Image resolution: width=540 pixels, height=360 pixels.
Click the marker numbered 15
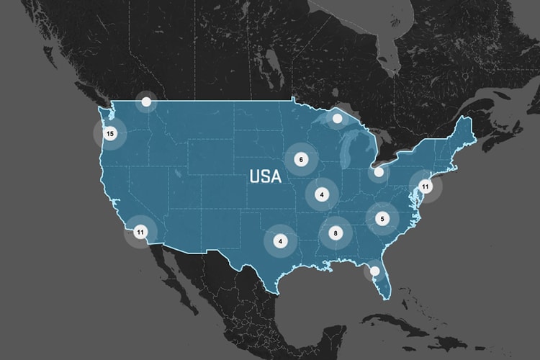(109, 133)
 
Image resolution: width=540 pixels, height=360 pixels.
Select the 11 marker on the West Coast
(140, 232)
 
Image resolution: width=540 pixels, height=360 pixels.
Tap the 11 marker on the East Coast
(426, 186)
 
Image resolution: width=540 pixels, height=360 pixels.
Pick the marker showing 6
(301, 159)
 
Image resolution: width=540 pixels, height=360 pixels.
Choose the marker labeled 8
(336, 233)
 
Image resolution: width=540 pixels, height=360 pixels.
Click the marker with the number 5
(383, 218)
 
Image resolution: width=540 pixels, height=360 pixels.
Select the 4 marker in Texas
(281, 241)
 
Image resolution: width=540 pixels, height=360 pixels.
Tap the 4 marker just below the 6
(322, 193)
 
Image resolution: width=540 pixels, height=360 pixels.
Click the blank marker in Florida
(374, 271)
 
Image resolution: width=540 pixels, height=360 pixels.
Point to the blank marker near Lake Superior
(337, 118)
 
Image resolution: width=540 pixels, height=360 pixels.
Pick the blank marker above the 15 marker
(146, 102)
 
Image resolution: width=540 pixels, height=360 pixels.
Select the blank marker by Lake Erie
(379, 172)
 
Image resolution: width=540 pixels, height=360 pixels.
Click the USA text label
(265, 176)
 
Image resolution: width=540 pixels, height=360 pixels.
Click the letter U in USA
(254, 176)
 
